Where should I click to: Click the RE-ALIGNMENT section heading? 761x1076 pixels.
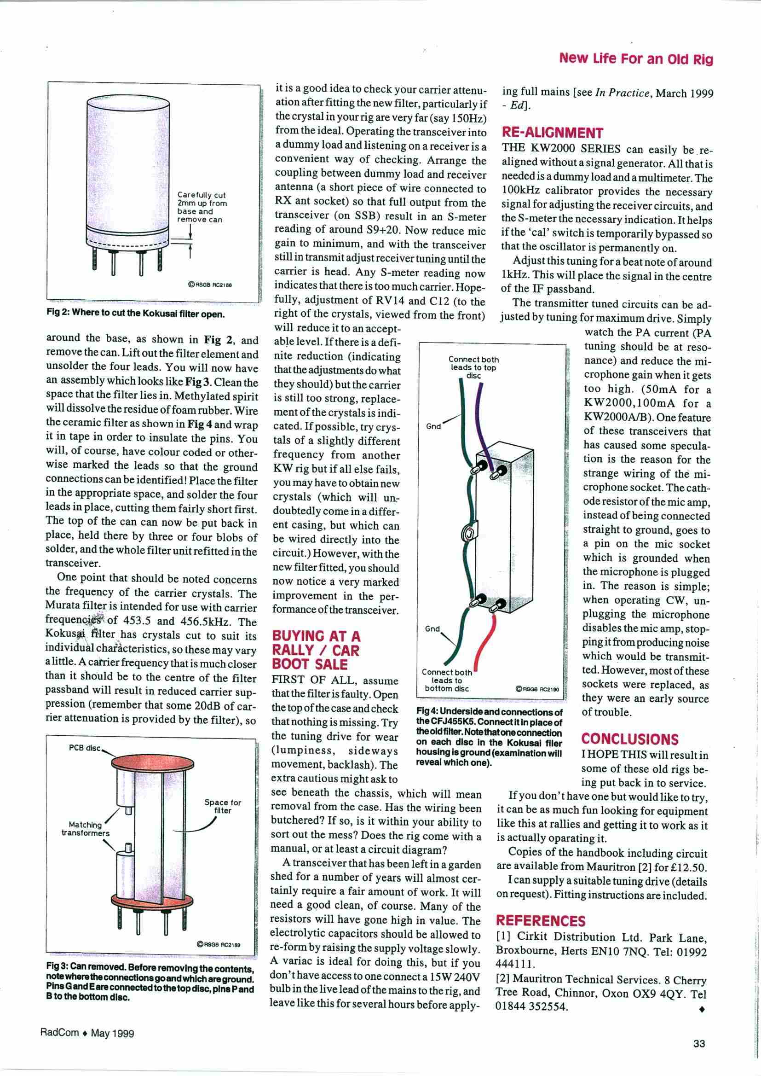pos(552,133)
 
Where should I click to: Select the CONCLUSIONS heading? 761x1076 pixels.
pos(629,739)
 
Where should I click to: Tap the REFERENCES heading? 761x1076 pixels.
pos(540,921)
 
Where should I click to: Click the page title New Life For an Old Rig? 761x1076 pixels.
pos(635,58)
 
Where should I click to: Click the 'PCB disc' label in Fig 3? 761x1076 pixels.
pos(85,748)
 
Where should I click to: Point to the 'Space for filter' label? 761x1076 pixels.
pos(223,806)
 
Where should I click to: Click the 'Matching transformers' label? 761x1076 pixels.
pos(85,828)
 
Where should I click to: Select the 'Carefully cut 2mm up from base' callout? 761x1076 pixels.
pos(202,207)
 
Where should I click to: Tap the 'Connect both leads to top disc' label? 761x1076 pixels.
pos(473,367)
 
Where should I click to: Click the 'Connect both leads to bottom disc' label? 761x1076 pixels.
pos(447,680)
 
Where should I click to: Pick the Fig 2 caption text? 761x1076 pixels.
pos(135,314)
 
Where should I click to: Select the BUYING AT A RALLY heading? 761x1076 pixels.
pos(316,650)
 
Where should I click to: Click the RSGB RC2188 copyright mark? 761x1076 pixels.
pos(210,285)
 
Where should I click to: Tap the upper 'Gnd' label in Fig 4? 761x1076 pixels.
pos(433,426)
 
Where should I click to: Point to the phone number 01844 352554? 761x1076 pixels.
pos(531,1006)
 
